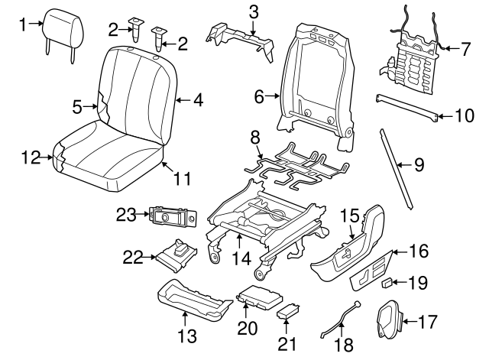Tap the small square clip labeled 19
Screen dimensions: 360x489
(x=387, y=283)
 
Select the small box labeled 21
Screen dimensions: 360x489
(x=289, y=312)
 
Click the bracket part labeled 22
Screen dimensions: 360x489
(x=180, y=254)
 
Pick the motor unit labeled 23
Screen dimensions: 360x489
(x=172, y=217)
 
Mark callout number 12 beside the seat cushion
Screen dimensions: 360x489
(x=29, y=158)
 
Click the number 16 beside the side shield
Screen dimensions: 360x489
(x=419, y=250)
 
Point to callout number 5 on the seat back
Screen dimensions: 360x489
(x=76, y=108)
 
